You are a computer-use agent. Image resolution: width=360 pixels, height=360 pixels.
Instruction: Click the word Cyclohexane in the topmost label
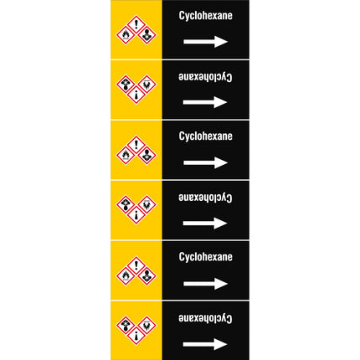coord(206,16)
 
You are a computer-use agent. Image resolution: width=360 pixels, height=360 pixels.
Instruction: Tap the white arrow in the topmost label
coord(205,42)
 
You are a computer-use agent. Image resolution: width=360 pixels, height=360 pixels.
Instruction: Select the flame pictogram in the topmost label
coord(126,35)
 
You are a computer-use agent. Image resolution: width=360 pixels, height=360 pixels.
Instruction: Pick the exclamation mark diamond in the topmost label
coord(136,24)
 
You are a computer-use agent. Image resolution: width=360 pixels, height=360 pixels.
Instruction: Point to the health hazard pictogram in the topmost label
coord(147,35)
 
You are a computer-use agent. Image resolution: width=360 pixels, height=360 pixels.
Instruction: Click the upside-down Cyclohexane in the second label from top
coord(205,77)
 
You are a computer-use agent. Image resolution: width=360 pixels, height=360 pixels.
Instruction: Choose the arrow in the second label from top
coord(205,102)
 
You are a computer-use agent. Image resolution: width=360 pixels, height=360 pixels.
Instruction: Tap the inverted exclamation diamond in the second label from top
coord(136,95)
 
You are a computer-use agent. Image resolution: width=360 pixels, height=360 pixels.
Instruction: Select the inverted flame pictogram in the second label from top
coord(147,84)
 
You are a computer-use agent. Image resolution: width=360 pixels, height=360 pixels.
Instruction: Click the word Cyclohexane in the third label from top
coord(206,136)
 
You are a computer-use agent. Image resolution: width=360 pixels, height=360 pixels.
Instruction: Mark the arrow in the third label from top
coord(205,162)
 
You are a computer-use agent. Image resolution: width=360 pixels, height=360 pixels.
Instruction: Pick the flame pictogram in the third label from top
coord(126,155)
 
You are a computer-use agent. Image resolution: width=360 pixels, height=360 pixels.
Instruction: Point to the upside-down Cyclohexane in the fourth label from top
coord(205,198)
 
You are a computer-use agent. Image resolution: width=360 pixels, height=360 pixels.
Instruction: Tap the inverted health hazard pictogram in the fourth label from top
coord(126,204)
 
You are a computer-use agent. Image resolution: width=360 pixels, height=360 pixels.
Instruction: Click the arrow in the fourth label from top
coord(205,223)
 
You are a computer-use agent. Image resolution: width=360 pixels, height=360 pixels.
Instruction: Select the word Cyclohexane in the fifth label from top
coord(206,257)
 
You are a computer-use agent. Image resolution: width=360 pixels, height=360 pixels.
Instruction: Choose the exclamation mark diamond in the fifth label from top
coord(136,265)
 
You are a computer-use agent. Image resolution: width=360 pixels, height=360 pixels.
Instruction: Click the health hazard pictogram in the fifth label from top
coord(147,275)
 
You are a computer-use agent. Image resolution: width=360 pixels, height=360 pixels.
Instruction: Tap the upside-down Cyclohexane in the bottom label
coord(205,318)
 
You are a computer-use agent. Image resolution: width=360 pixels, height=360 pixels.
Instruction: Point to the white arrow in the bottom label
coord(205,344)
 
